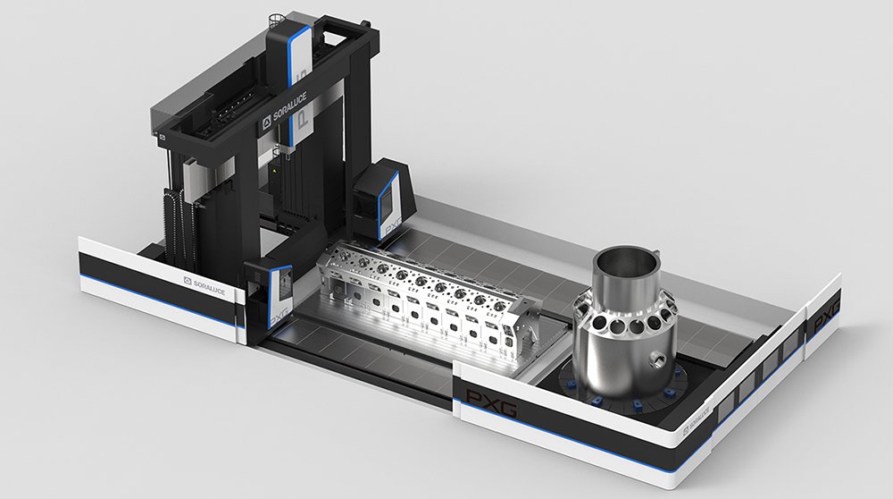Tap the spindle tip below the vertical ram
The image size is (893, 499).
click(284, 180)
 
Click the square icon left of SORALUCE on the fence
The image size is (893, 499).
click(188, 280)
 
